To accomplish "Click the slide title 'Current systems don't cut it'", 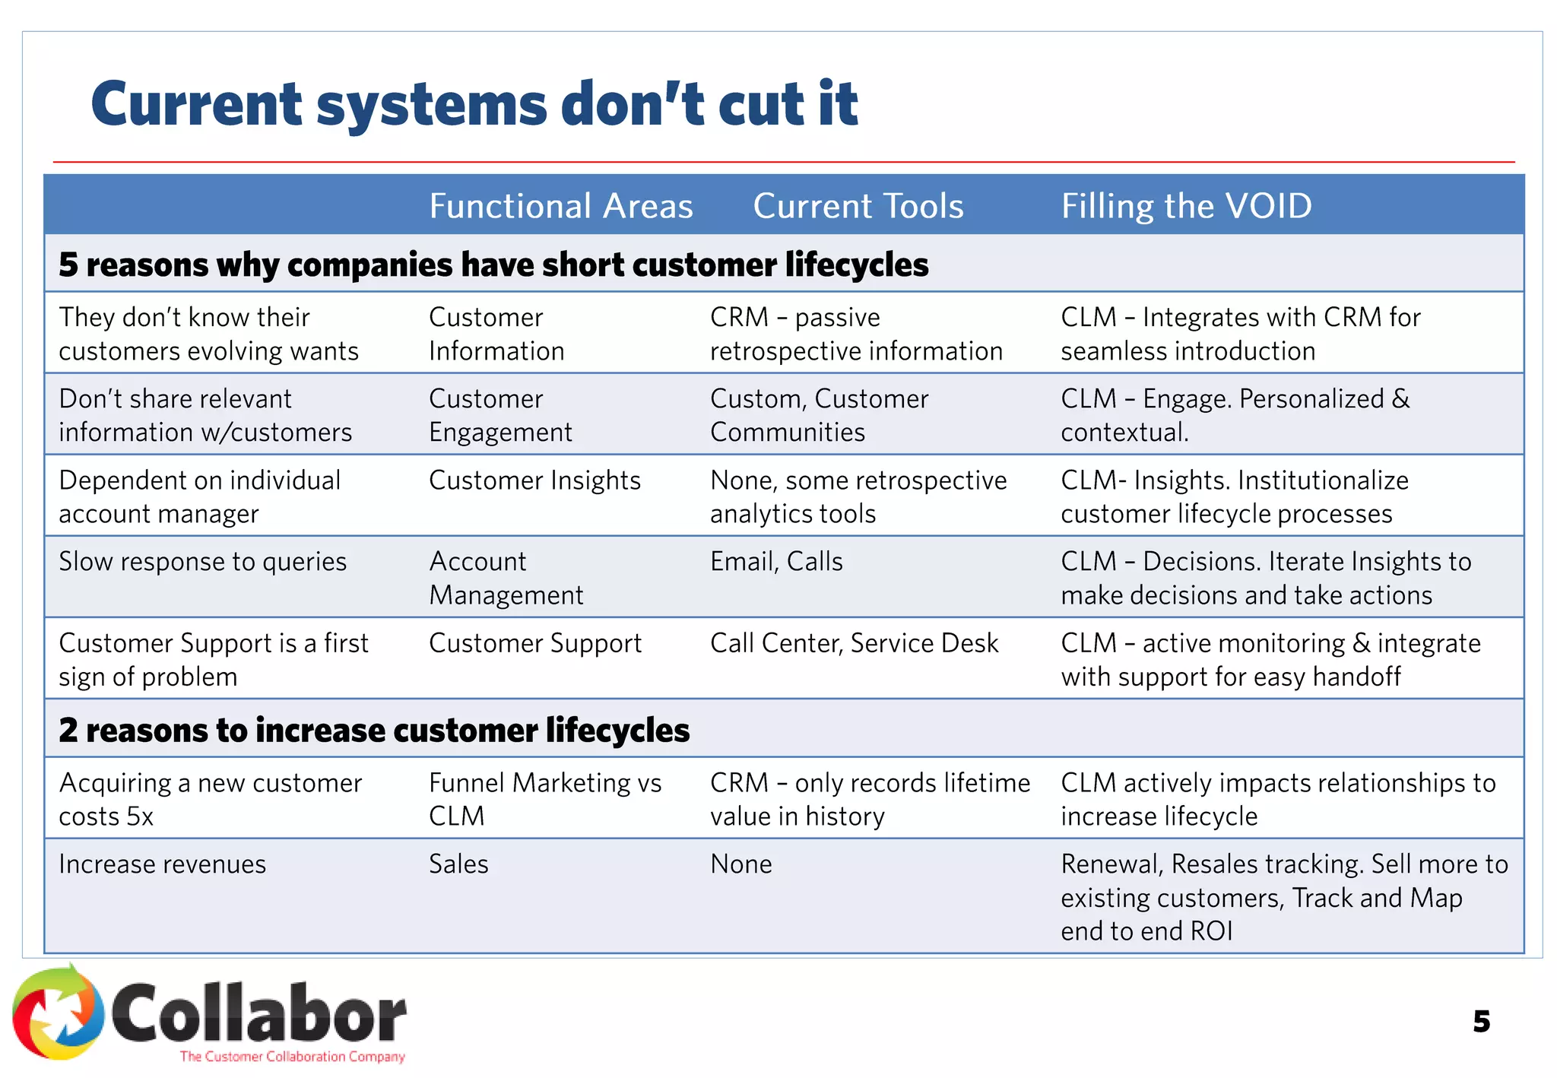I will [x=474, y=104].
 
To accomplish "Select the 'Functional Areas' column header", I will [x=561, y=206].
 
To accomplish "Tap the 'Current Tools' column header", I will [x=858, y=206].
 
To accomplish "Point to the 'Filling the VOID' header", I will [x=1186, y=206].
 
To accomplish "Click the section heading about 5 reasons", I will [x=493, y=265].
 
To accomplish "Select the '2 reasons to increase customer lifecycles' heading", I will [x=374, y=730].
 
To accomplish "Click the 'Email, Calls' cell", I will [x=776, y=561].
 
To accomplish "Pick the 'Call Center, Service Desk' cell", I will [x=854, y=643].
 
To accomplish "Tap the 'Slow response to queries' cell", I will [x=202, y=561].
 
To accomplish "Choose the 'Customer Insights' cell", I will [x=534, y=480].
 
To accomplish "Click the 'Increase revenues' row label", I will [x=162, y=864].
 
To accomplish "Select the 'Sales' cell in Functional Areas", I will [x=458, y=864].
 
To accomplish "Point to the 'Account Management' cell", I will [x=506, y=578].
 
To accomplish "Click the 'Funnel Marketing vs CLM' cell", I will [x=545, y=799].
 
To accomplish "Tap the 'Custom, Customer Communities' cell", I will [x=819, y=415].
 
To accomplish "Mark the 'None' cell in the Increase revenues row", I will [x=741, y=864].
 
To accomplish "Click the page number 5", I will [x=1481, y=1021].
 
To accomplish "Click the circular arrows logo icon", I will [x=59, y=1013].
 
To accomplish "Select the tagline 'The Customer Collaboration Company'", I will [x=292, y=1056].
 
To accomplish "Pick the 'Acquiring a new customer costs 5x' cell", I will [x=210, y=799].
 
